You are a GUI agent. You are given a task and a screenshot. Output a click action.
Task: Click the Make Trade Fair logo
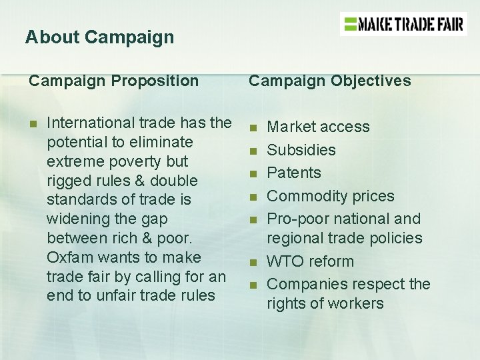[x=403, y=25]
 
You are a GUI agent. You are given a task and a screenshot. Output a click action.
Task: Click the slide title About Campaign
[x=99, y=37]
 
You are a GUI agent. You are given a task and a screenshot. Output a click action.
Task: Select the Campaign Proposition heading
[x=113, y=81]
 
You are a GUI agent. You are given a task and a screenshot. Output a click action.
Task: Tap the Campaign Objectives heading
[x=330, y=81]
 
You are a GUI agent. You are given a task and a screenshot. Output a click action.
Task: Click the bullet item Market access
[x=318, y=127]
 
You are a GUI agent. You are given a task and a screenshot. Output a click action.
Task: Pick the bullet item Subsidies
[x=301, y=150]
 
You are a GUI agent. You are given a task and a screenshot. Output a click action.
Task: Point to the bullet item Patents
[x=294, y=173]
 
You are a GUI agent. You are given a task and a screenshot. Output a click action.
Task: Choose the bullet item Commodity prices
[x=331, y=196]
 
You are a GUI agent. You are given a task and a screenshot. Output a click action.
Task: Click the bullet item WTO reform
[x=310, y=261]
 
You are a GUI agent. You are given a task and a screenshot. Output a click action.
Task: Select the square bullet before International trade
[x=32, y=123]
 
